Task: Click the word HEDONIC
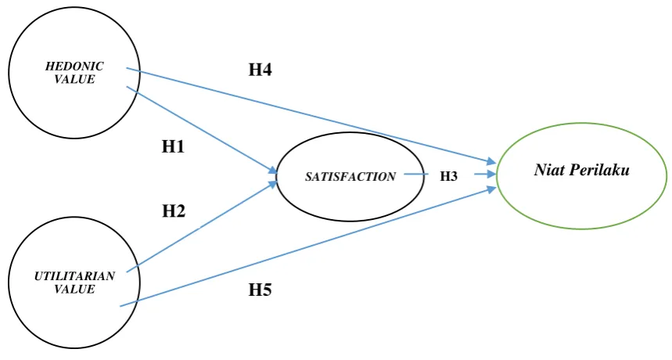(x=74, y=67)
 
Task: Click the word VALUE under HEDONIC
(x=74, y=79)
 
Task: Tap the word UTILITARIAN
(x=74, y=276)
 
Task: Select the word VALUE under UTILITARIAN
(x=74, y=289)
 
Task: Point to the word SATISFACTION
(x=350, y=177)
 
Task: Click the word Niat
(x=549, y=170)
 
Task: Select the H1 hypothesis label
(x=173, y=147)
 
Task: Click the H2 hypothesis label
(x=174, y=211)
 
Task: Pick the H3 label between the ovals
(x=449, y=177)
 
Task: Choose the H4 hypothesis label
(x=261, y=70)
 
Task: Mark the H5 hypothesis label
(x=261, y=290)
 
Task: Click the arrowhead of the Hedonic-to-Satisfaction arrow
(x=275, y=171)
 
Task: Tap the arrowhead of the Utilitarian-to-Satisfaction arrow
(x=275, y=183)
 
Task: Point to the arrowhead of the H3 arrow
(x=491, y=175)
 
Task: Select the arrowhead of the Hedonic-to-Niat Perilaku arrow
(x=491, y=161)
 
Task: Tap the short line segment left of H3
(x=416, y=175)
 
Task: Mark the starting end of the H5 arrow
(x=120, y=306)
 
